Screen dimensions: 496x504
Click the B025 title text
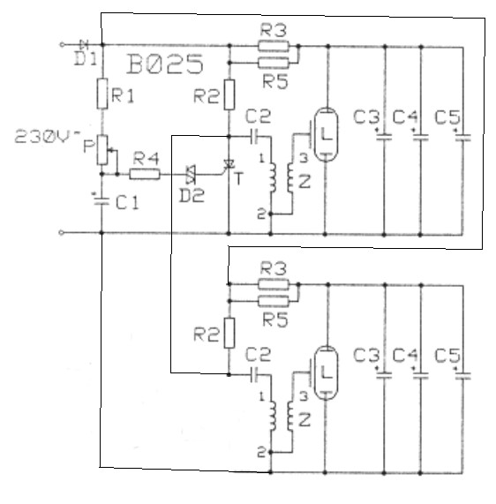point(165,64)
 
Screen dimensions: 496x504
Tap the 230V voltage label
point(48,137)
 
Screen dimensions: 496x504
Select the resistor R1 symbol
point(102,94)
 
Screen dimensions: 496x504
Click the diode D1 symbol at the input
point(84,44)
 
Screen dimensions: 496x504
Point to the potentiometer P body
point(102,150)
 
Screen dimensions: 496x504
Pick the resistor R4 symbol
point(145,174)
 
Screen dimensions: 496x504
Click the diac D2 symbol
point(191,175)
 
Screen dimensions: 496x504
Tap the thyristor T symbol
point(229,164)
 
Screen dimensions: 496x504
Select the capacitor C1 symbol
point(101,200)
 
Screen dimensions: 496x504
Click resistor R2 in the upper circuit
point(229,95)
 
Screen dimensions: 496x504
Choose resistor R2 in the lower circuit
point(229,333)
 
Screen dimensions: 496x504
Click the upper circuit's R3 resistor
point(274,46)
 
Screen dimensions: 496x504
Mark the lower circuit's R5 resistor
point(274,301)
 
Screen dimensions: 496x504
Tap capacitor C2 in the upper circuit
point(254,137)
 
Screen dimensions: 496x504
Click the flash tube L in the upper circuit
point(326,134)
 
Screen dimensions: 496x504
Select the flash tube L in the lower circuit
point(326,372)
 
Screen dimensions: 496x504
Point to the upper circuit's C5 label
point(447,117)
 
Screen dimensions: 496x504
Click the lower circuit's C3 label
point(366,356)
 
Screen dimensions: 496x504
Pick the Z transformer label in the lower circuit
point(304,420)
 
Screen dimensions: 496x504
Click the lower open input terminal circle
point(62,232)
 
